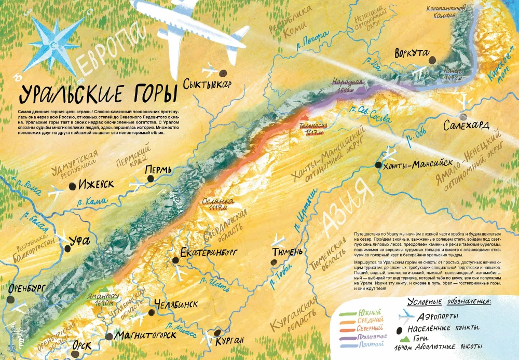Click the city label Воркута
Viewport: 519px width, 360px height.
[411, 53]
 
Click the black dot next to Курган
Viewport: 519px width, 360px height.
[218, 333]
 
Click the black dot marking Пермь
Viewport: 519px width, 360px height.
[151, 178]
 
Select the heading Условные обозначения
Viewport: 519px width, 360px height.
[449, 301]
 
